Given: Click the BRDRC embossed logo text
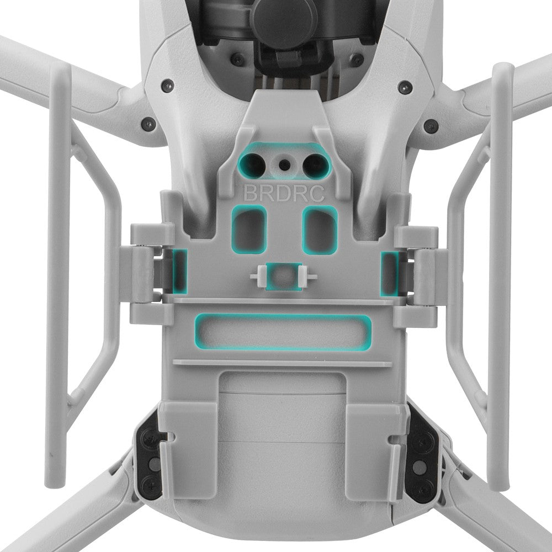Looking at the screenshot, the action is (x=284, y=193).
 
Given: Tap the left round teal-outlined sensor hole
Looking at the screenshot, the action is (x=253, y=164).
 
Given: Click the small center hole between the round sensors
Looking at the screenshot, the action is (x=284, y=164).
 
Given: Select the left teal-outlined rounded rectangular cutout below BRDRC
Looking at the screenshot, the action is (x=248, y=230).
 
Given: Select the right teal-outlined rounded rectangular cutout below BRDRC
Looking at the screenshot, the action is (x=320, y=230).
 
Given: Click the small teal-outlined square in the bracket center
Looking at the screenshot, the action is (x=283, y=277).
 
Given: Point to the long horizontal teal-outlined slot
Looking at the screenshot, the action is (x=283, y=332).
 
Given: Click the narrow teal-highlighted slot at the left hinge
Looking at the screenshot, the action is (x=179, y=271).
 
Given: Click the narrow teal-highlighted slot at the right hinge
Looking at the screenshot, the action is (x=390, y=274).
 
